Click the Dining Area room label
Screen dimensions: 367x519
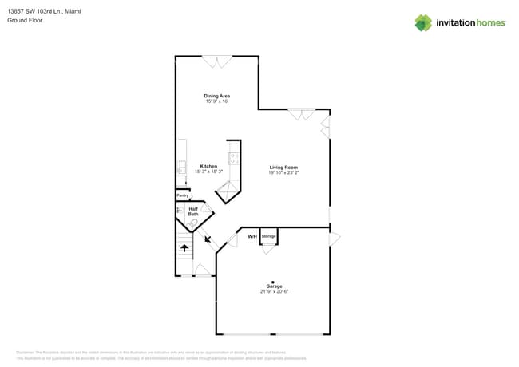[x=217, y=96]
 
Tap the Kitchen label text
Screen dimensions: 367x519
[x=208, y=167]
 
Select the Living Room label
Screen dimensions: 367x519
[x=283, y=168]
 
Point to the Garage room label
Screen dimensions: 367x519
[x=274, y=286]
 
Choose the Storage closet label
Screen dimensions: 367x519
[x=269, y=237]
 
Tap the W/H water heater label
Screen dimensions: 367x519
[x=252, y=237]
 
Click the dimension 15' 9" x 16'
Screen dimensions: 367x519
[x=217, y=101]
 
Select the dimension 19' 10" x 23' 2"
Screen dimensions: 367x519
[x=283, y=172]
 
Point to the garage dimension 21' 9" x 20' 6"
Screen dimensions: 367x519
[x=274, y=291]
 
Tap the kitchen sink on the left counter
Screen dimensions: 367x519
[x=181, y=168]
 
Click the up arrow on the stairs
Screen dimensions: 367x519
[x=184, y=248]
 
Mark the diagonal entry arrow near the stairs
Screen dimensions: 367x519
[x=208, y=239]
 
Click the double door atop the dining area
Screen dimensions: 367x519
[x=216, y=61]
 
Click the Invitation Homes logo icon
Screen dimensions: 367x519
[x=423, y=22]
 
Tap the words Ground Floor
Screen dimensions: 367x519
[x=25, y=20]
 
